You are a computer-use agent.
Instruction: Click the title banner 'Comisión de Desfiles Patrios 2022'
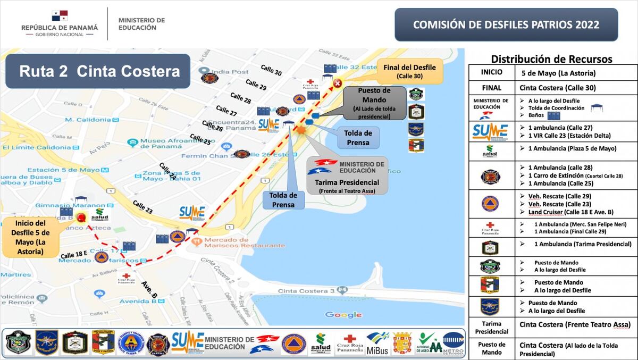(506, 24)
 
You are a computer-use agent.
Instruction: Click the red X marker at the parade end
(337, 83)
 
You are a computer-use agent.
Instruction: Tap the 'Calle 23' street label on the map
(142, 207)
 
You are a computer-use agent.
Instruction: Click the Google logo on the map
(343, 315)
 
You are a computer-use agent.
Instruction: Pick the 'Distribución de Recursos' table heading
(551, 59)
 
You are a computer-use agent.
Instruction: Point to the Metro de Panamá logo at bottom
(453, 342)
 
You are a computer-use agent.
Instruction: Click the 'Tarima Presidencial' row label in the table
(491, 328)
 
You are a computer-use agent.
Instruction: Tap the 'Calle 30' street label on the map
(271, 70)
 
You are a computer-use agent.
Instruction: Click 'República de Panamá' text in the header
(60, 27)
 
